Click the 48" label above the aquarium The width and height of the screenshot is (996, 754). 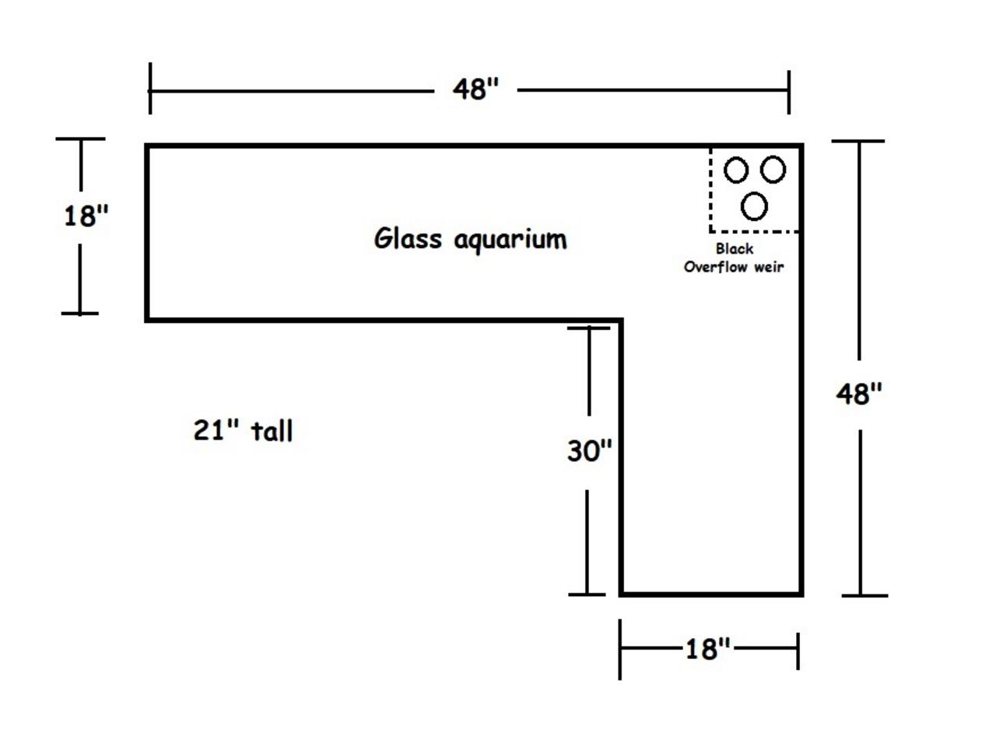tap(475, 89)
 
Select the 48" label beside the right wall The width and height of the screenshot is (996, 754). tap(859, 393)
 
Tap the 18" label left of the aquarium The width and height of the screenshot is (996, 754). tap(86, 216)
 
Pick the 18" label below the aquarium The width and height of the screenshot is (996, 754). tap(707, 649)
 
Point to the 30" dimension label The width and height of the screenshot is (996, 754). tap(590, 451)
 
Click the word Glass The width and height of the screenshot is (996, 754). tap(408, 238)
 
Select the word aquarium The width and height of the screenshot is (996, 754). tap(510, 240)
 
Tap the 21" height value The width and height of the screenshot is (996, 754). tap(216, 430)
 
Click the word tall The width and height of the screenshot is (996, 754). tap(272, 431)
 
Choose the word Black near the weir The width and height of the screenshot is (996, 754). tap(735, 249)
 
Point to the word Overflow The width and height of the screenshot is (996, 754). tap(715, 267)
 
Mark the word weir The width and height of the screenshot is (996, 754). tap(769, 267)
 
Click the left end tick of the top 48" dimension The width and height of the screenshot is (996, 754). tap(150, 89)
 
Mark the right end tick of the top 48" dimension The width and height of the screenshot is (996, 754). tap(789, 92)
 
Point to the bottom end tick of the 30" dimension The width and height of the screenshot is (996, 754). tap(587, 594)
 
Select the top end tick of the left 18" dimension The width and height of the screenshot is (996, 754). tap(81, 139)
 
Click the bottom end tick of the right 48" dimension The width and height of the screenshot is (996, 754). tap(864, 595)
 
